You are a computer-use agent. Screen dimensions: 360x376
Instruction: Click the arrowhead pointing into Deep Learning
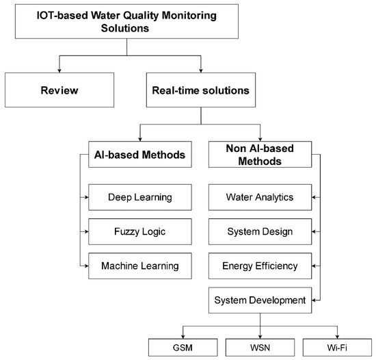point(85,198)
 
